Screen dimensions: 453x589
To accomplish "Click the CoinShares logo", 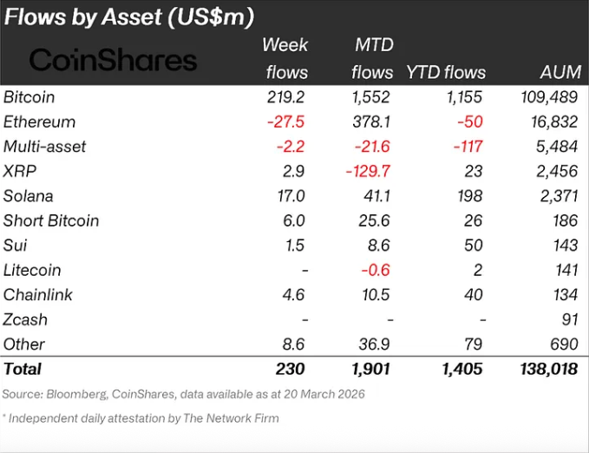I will point(113,60).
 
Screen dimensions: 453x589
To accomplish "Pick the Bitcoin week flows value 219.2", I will point(285,97).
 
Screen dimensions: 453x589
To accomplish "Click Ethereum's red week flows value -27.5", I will point(285,122).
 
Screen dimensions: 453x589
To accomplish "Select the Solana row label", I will point(28,196).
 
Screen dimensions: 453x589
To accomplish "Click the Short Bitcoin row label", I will point(51,220).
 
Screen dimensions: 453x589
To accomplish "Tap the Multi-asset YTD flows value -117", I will point(466,147).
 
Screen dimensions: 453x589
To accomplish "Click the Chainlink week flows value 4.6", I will point(293,295).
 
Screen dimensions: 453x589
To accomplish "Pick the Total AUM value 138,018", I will point(545,369).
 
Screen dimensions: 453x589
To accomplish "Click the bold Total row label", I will point(23,369).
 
